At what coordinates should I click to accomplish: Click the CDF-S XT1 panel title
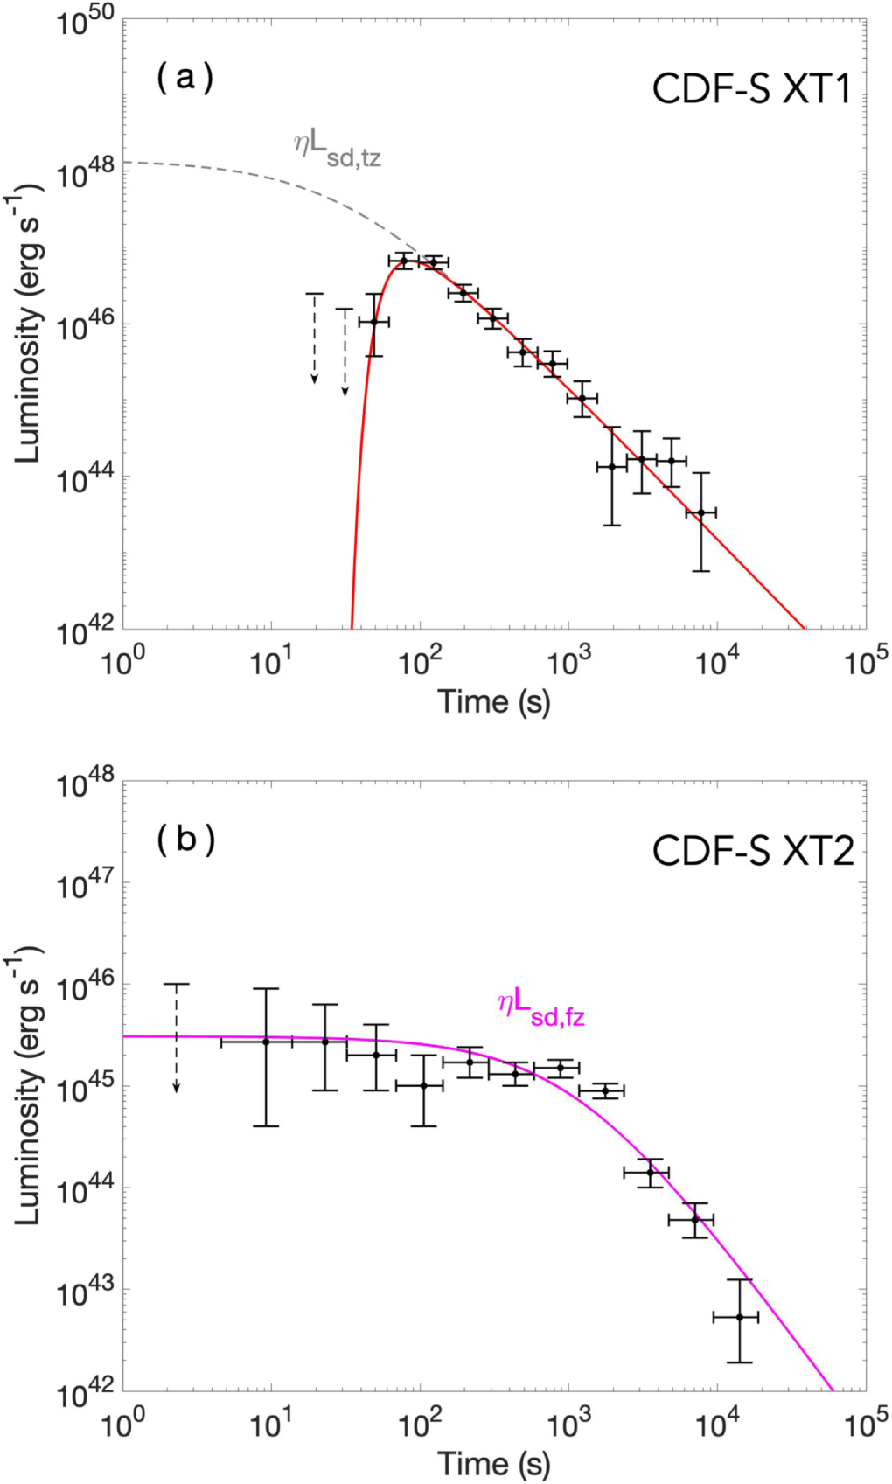tap(751, 89)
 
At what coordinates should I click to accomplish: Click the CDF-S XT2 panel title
tap(752, 851)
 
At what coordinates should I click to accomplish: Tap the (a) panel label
tap(185, 79)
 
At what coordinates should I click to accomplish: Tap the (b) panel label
tap(185, 840)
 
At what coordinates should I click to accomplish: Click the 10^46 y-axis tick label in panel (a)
tap(85, 327)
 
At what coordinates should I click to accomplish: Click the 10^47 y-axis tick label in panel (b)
tap(85, 886)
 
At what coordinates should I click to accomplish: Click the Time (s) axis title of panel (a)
tap(494, 702)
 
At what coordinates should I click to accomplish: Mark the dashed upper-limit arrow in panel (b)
tap(177, 1036)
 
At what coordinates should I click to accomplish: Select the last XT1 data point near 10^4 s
tap(700, 512)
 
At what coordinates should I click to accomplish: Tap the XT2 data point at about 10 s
tap(266, 1042)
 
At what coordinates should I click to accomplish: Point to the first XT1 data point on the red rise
tap(373, 322)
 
